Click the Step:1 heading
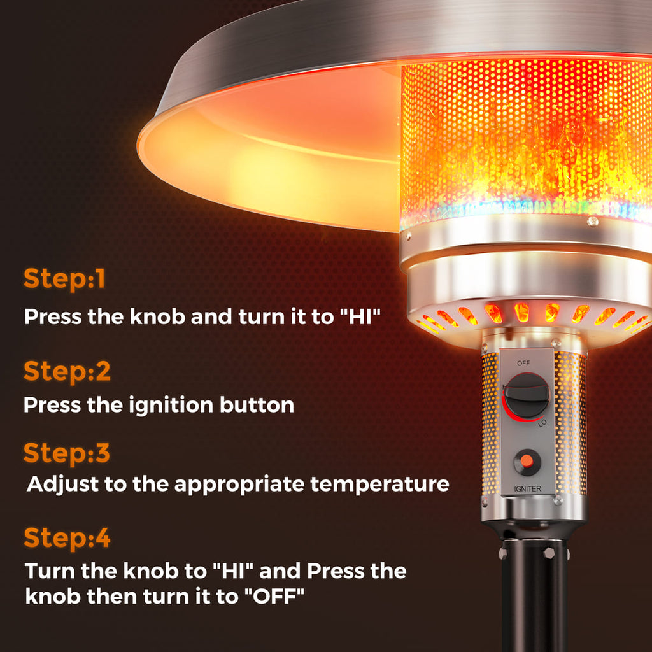pos(64,279)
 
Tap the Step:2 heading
pos(67,371)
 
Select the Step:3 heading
pos(67,453)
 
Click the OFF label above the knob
pos(523,363)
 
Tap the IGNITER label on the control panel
pos(528,488)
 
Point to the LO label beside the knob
pos(542,423)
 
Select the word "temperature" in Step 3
pos(379,484)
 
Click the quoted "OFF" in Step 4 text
pos(274,597)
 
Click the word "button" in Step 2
pos(257,405)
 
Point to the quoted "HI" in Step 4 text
pos(233,571)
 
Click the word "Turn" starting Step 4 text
pos(50,571)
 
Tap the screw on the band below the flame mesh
pos(593,222)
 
